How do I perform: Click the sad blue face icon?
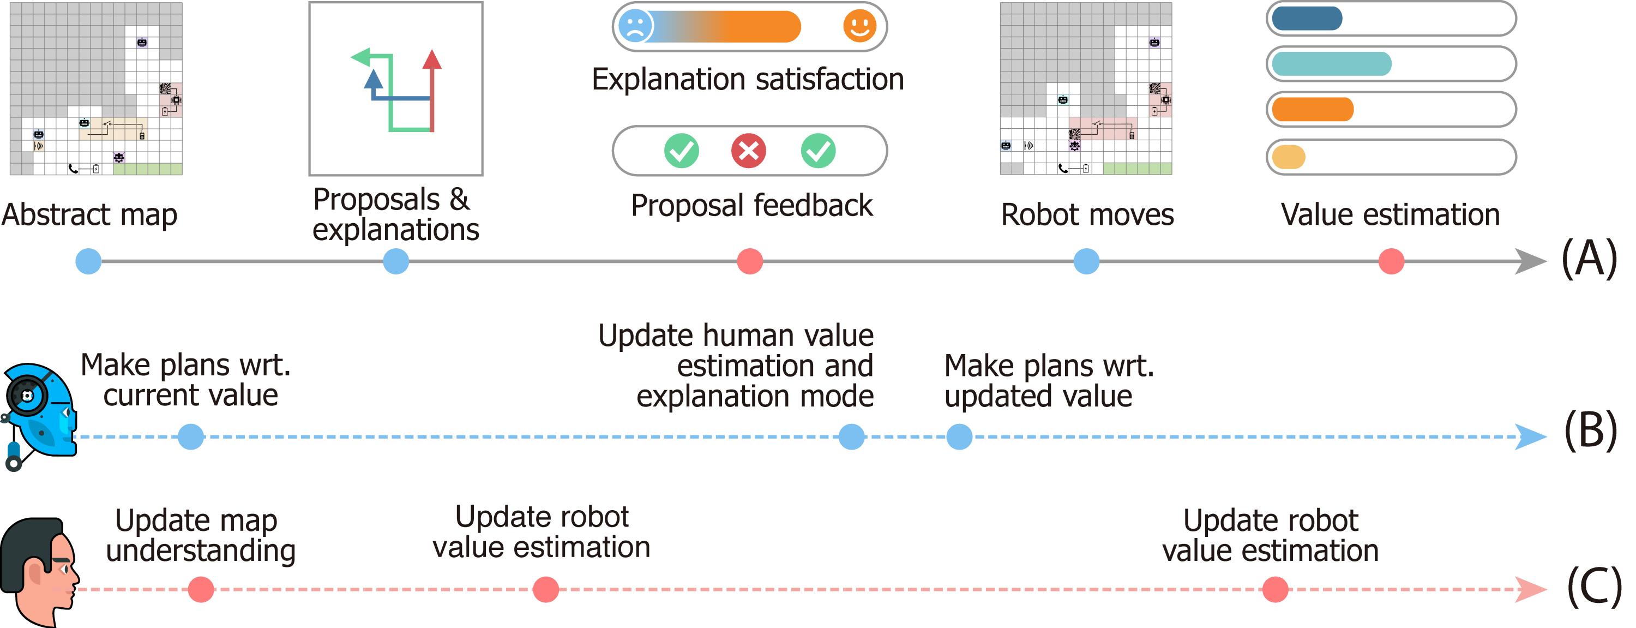[x=635, y=26]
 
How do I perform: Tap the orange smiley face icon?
[x=859, y=26]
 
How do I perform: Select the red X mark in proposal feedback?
[x=748, y=151]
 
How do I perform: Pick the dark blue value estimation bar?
[x=1307, y=19]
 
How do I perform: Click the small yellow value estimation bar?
[x=1289, y=157]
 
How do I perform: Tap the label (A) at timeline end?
[x=1589, y=259]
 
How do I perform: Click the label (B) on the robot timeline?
[x=1590, y=430]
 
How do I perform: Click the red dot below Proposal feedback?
[x=749, y=261]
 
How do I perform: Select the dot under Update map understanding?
[x=201, y=589]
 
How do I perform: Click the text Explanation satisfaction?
[x=748, y=80]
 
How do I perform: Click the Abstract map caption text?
[x=89, y=214]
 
